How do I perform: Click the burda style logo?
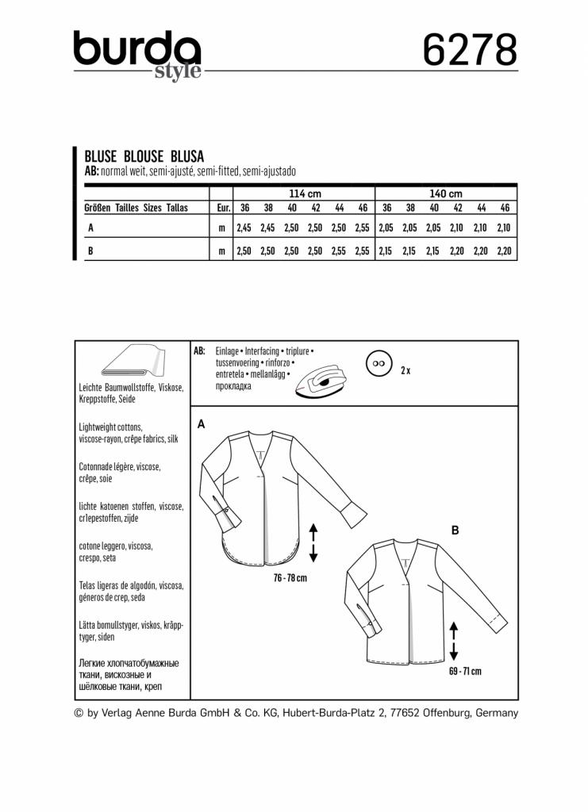click(136, 54)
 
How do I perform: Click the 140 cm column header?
click(444, 193)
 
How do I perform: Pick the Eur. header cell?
click(222, 208)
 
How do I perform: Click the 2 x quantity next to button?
click(405, 370)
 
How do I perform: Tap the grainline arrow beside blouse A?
click(313, 542)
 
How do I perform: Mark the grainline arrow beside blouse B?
click(453, 642)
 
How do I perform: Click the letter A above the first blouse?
click(202, 424)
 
